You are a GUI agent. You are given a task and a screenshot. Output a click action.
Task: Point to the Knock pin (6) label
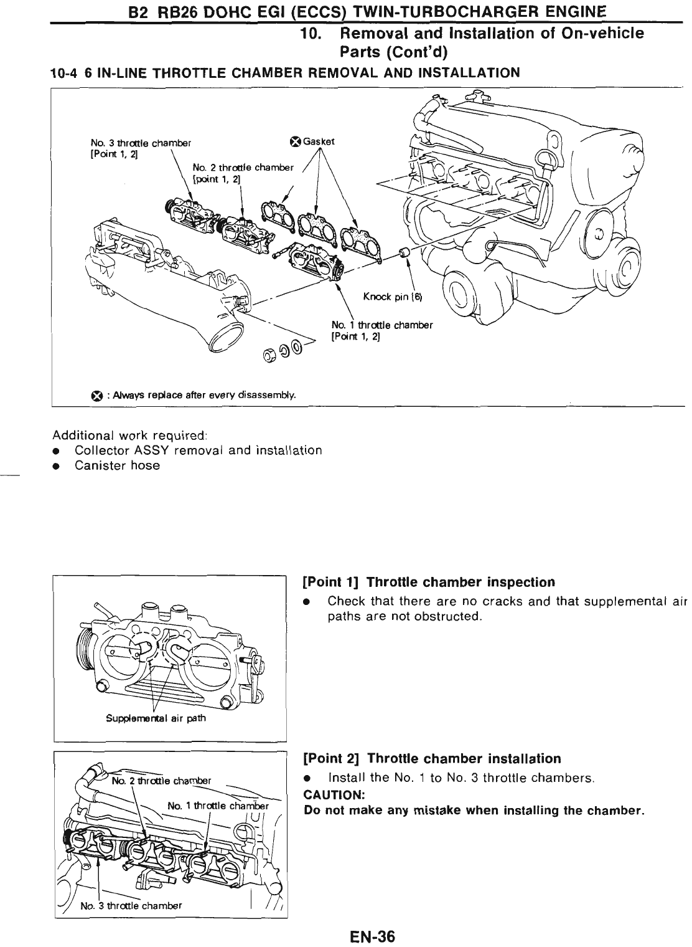point(392,297)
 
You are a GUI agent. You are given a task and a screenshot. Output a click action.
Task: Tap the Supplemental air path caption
point(156,718)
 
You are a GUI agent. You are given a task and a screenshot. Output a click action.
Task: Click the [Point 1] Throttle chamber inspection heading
point(428,583)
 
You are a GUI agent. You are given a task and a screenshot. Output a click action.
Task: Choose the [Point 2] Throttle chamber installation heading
point(431,759)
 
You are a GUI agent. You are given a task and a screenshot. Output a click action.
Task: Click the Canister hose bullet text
point(117,465)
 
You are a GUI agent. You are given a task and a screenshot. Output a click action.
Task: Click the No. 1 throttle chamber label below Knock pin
point(381,325)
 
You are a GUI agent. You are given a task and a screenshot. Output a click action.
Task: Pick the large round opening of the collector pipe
point(225,338)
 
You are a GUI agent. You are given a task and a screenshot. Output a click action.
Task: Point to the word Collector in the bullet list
point(100,450)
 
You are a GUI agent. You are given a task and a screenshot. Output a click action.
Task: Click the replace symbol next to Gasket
point(296,141)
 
